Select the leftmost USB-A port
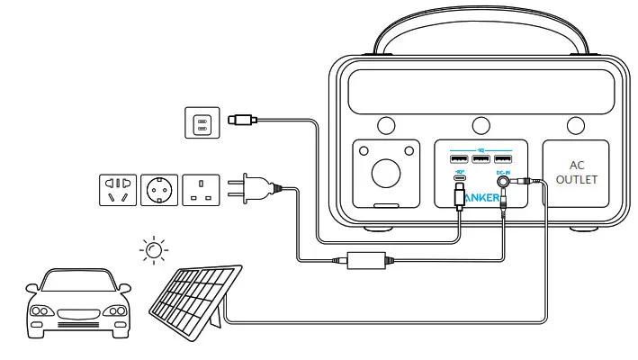[458, 159]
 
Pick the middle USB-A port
[481, 159]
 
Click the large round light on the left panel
[386, 172]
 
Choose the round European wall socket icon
[159, 190]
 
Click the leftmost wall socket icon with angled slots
[117, 190]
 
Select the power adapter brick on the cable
[365, 260]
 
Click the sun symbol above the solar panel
[155, 249]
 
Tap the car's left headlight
[40, 310]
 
